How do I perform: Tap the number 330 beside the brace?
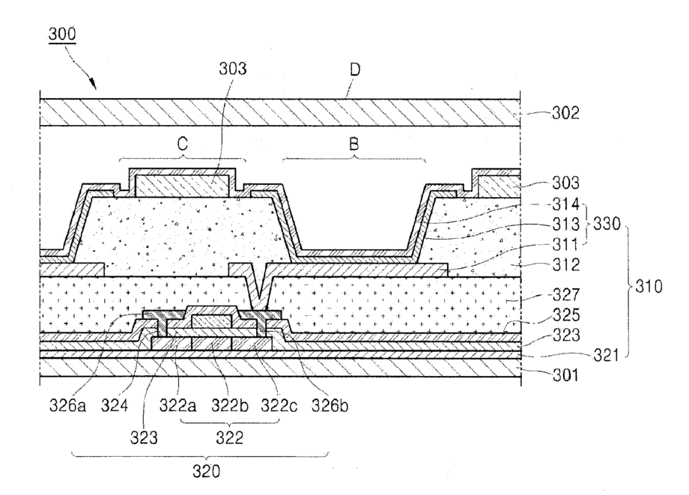point(604,223)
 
